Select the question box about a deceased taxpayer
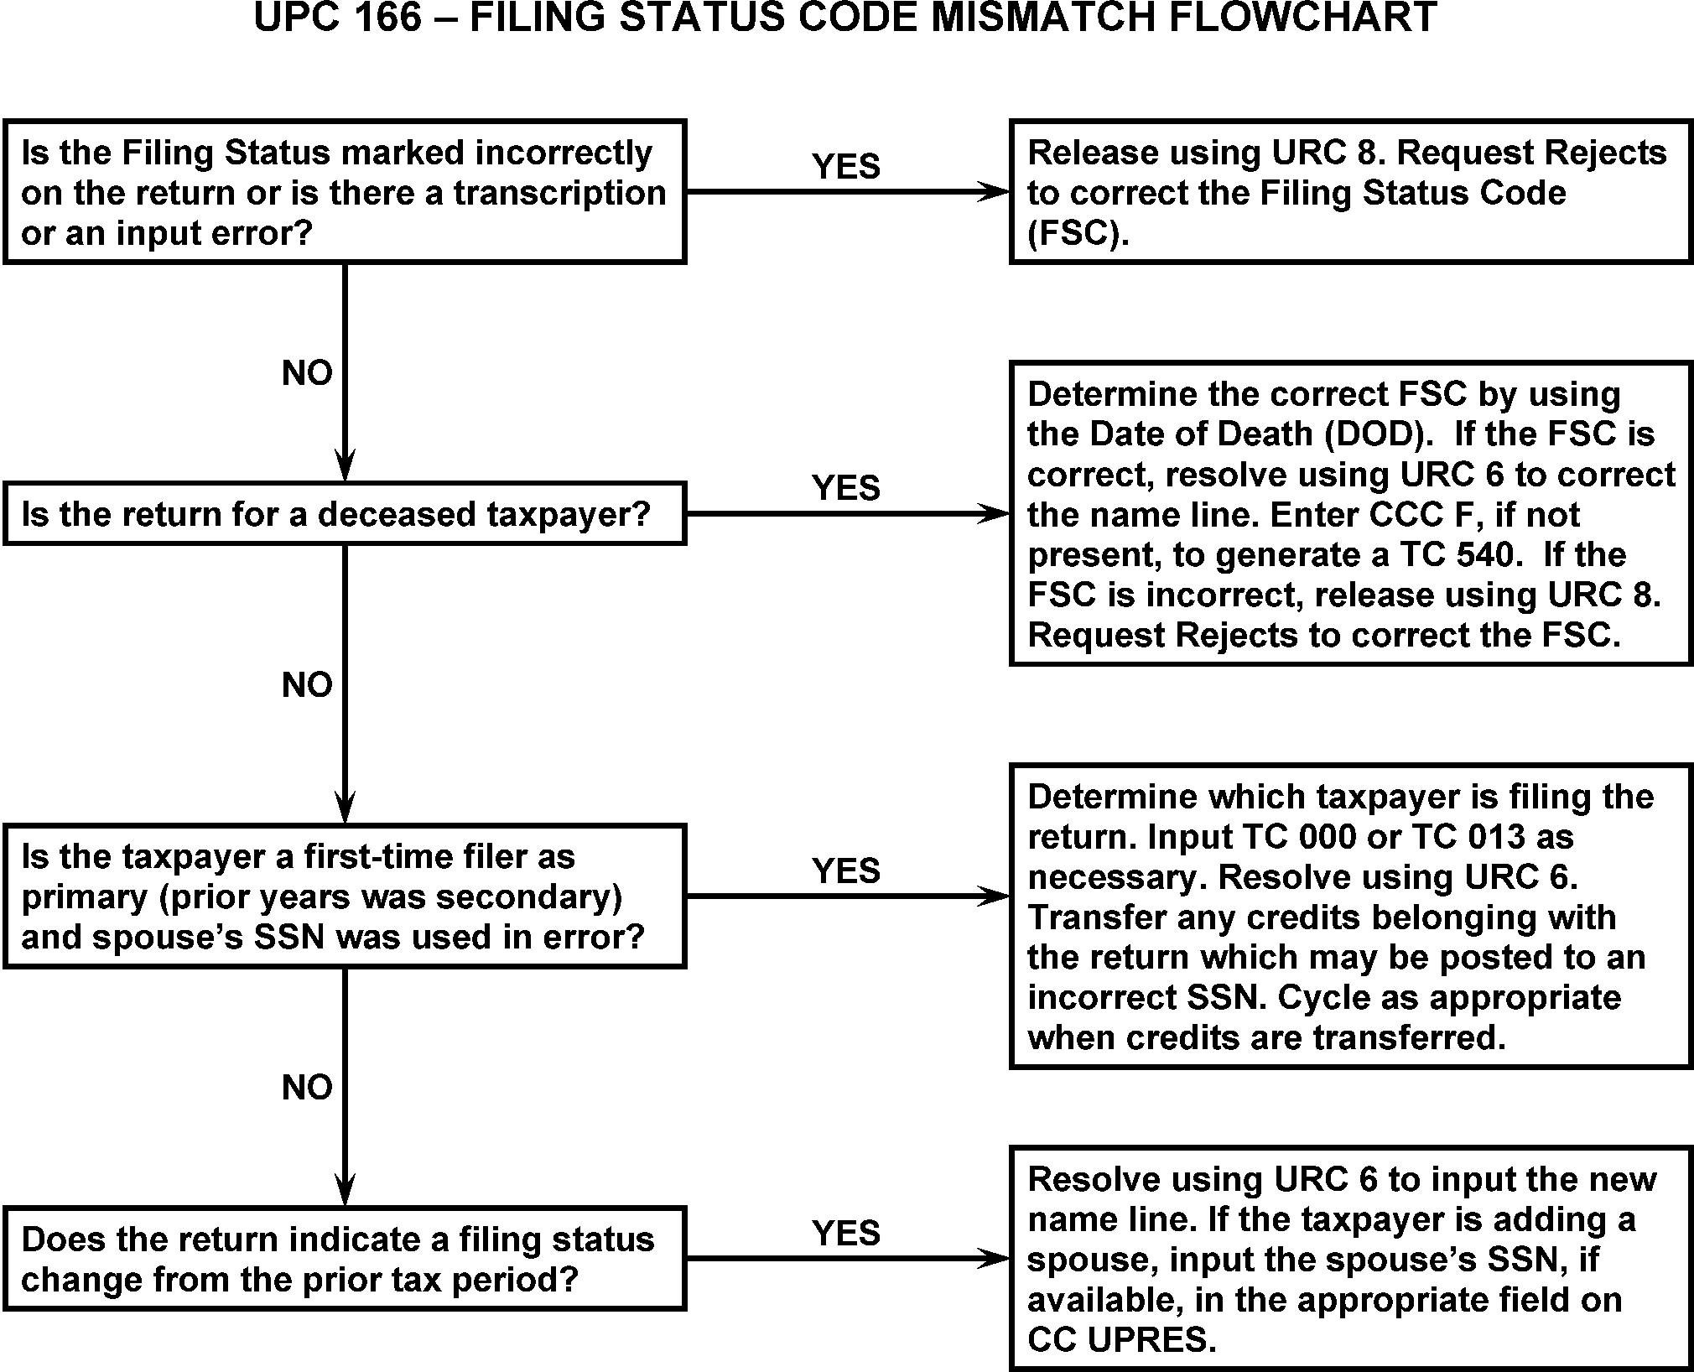tap(345, 514)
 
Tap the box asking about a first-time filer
tap(345, 896)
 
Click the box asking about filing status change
tap(345, 1259)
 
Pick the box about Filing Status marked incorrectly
tap(345, 192)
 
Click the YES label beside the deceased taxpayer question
tap(845, 487)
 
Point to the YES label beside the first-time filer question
tap(845, 870)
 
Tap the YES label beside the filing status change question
tap(845, 1233)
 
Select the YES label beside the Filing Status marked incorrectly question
tap(845, 166)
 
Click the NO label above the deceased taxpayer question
tap(307, 373)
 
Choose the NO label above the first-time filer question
tap(307, 685)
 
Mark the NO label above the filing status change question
tap(307, 1088)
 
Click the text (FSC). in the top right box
tap(1078, 233)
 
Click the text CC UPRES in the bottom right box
tap(1120, 1340)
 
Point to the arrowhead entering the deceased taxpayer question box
tap(345, 467)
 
